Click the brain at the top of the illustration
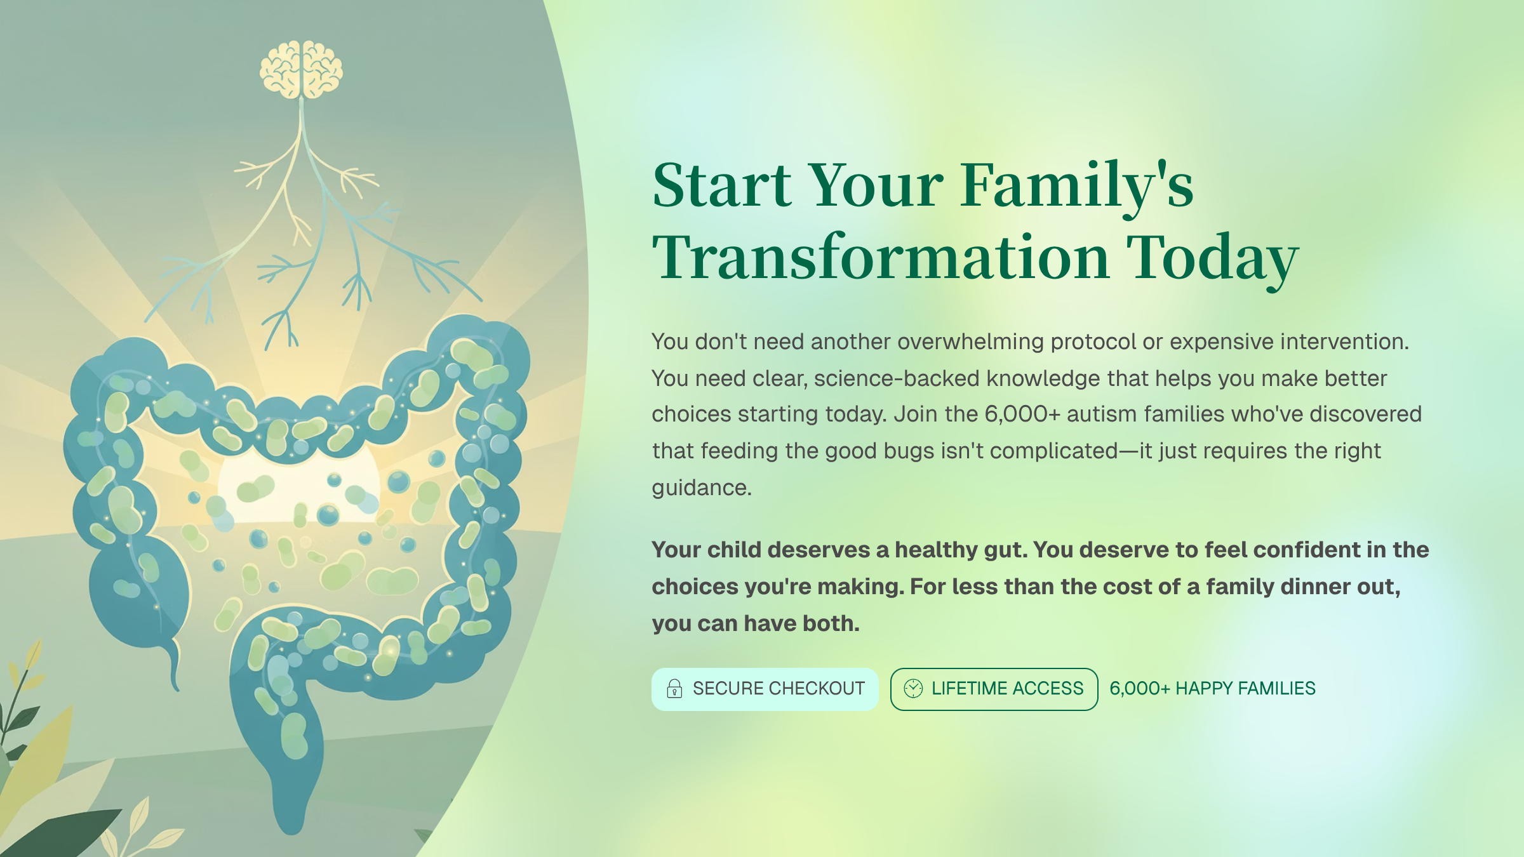[301, 70]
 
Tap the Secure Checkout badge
[765, 689]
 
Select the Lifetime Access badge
[994, 689]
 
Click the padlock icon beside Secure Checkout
[674, 689]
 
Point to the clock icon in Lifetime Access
[913, 688]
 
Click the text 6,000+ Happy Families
[1212, 689]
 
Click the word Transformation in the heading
[881, 258]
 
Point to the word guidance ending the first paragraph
[701, 488]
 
